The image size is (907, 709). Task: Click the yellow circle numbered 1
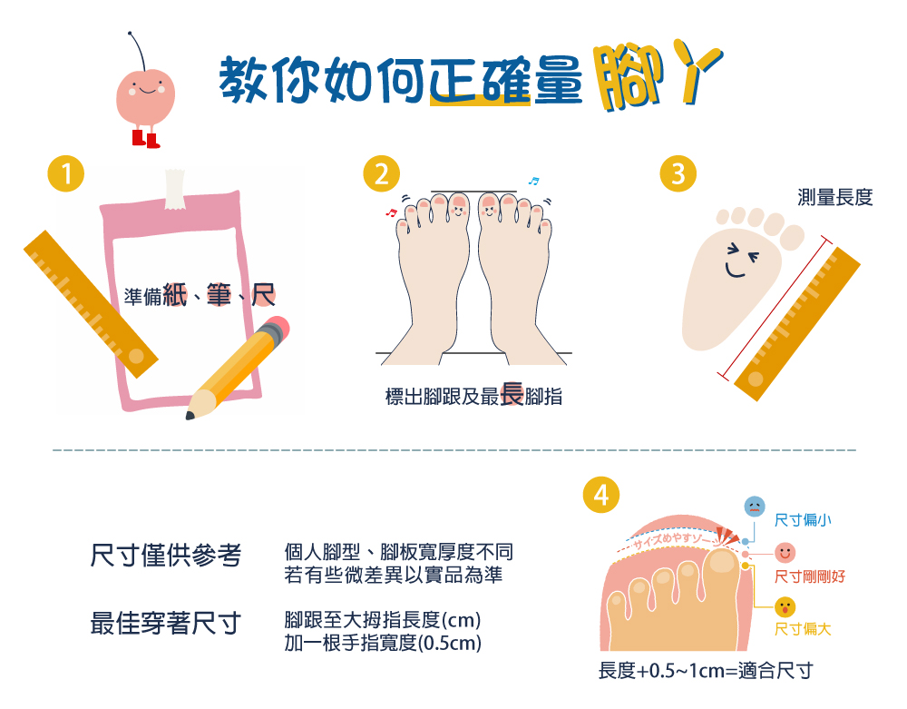pyautogui.click(x=66, y=173)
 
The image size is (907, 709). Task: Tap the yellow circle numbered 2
pyautogui.click(x=381, y=173)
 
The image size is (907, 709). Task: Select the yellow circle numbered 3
pyautogui.click(x=678, y=173)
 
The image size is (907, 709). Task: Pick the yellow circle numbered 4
pyautogui.click(x=601, y=495)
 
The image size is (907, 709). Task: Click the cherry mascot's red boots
pyautogui.click(x=146, y=139)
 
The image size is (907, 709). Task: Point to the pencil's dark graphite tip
pyautogui.click(x=190, y=415)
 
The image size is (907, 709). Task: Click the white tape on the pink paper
pyautogui.click(x=174, y=188)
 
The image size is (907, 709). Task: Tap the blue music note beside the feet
pyautogui.click(x=533, y=182)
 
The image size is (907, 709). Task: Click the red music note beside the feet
pyautogui.click(x=391, y=212)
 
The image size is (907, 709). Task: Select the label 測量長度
pyautogui.click(x=834, y=197)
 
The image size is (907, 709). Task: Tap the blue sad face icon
pyautogui.click(x=755, y=507)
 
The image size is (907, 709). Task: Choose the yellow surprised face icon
pyautogui.click(x=785, y=606)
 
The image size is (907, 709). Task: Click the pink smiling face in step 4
pyautogui.click(x=785, y=553)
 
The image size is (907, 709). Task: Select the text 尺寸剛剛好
pyautogui.click(x=810, y=576)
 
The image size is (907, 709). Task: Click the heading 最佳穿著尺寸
pyautogui.click(x=165, y=624)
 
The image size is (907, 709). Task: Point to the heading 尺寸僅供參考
pyautogui.click(x=165, y=555)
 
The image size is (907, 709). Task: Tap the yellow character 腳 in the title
pyautogui.click(x=628, y=76)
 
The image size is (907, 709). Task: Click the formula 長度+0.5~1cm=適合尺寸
pyautogui.click(x=706, y=671)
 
